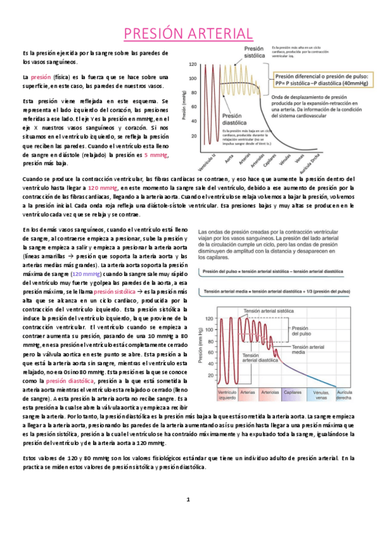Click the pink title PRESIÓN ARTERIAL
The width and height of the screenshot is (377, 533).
coord(188,33)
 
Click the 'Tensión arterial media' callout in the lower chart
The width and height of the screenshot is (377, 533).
coord(307,350)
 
